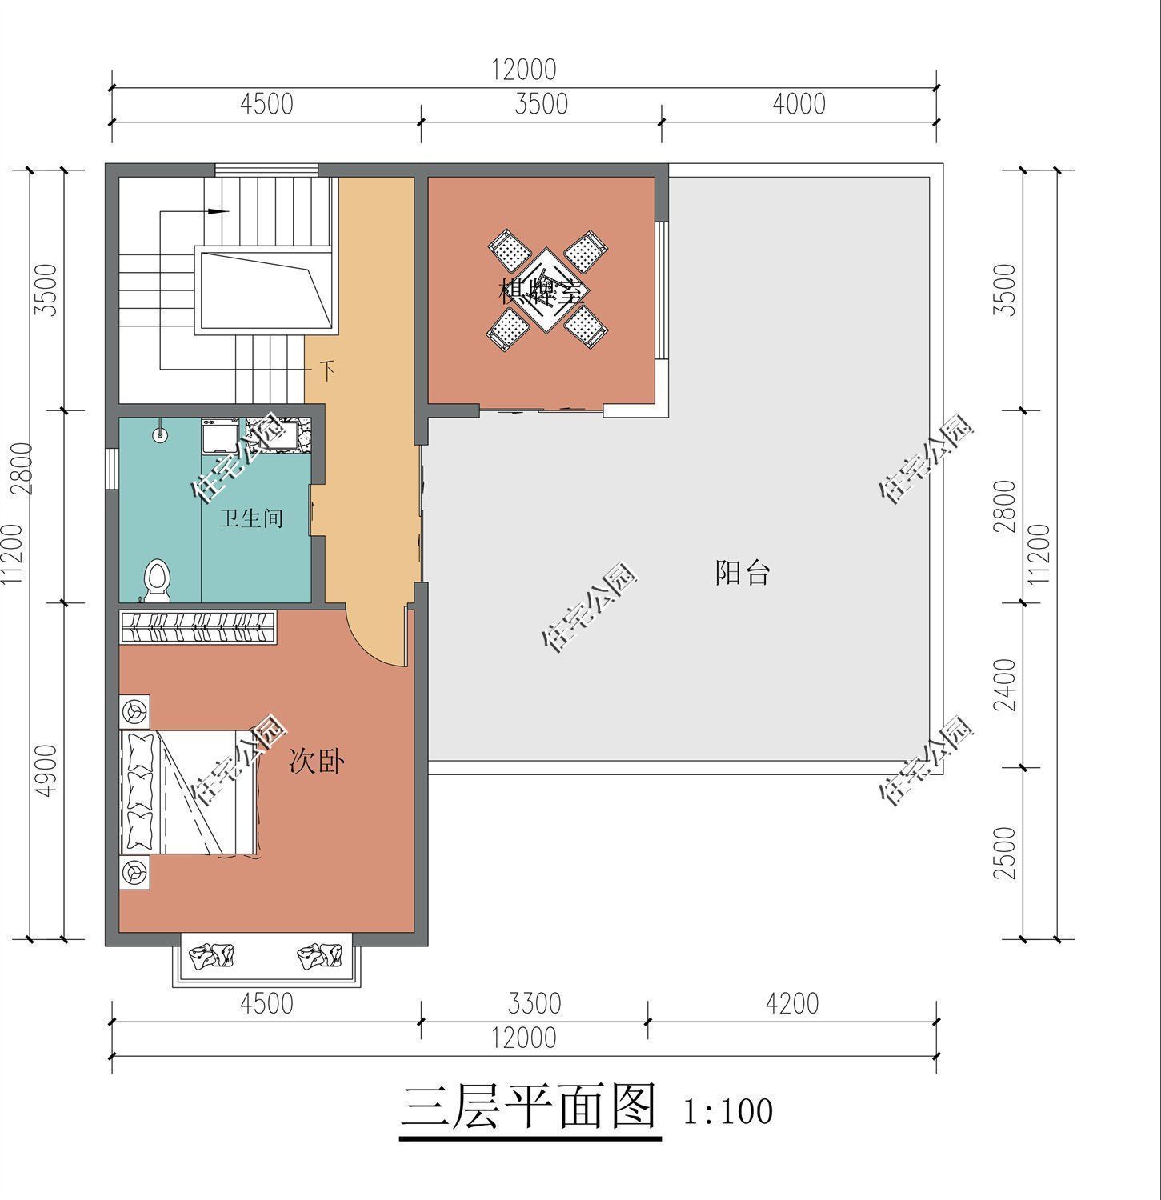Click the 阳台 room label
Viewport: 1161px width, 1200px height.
pyautogui.click(x=742, y=573)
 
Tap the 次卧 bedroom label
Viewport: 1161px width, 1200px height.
pyautogui.click(x=317, y=762)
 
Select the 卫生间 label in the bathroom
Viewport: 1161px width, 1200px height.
pyautogui.click(x=251, y=518)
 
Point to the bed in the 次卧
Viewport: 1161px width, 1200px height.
pyautogui.click(x=188, y=792)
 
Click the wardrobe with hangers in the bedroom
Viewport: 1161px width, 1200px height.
pyautogui.click(x=198, y=626)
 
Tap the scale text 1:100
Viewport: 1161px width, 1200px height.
pyautogui.click(x=727, y=1111)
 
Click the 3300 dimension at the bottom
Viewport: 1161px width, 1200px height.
pyautogui.click(x=534, y=1003)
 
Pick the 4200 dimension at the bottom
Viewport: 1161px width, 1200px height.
pyautogui.click(x=791, y=1003)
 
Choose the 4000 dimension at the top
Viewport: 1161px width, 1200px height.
pyautogui.click(x=799, y=104)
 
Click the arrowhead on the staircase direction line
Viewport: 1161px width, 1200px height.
pyautogui.click(x=218, y=212)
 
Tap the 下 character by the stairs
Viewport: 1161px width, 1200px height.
pyautogui.click(x=326, y=370)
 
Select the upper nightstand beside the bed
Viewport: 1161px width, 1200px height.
pyautogui.click(x=134, y=710)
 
